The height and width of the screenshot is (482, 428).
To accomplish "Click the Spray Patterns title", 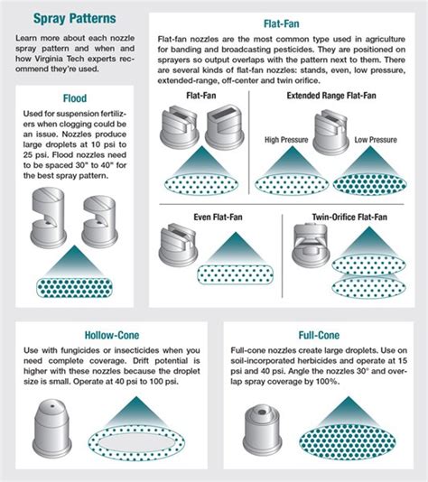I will click(62, 18).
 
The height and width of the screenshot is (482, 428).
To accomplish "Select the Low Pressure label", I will click(377, 140).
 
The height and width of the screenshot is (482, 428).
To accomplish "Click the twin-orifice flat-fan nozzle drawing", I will click(313, 243).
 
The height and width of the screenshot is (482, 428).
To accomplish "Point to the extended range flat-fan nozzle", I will click(330, 127).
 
